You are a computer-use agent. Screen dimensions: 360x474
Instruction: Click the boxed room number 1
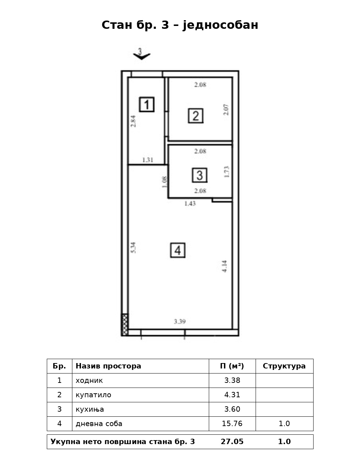(x=147, y=104)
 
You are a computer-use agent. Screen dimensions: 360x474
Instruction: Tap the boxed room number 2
(x=195, y=116)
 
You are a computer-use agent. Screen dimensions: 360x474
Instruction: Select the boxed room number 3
(x=200, y=175)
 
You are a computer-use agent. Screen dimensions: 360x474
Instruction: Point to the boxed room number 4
(x=177, y=250)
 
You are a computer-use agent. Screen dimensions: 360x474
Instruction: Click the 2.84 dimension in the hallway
(x=134, y=121)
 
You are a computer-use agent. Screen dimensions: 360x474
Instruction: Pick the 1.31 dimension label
(x=148, y=160)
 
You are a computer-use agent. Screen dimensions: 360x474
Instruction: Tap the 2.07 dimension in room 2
(x=226, y=110)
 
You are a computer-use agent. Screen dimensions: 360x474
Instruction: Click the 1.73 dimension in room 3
(x=226, y=172)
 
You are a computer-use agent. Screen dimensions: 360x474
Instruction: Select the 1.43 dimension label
(x=190, y=204)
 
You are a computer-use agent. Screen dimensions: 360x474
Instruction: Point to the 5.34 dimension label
(x=134, y=247)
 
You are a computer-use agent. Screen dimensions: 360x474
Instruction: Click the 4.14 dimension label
(x=225, y=266)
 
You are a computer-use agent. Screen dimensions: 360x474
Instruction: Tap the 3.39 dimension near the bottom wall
(x=180, y=322)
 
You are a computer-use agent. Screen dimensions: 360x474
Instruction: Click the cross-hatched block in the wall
(x=125, y=325)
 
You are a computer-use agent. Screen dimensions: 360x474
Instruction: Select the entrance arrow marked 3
(x=141, y=54)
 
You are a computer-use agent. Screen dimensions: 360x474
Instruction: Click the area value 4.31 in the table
(x=232, y=395)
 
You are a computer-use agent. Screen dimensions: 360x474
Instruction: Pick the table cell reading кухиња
(x=90, y=409)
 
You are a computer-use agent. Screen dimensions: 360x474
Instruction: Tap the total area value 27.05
(x=232, y=442)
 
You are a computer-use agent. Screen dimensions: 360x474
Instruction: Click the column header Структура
(x=284, y=366)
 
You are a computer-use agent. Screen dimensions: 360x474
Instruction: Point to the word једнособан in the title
(x=220, y=25)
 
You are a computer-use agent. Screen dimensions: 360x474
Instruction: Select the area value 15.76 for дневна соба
(x=232, y=424)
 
